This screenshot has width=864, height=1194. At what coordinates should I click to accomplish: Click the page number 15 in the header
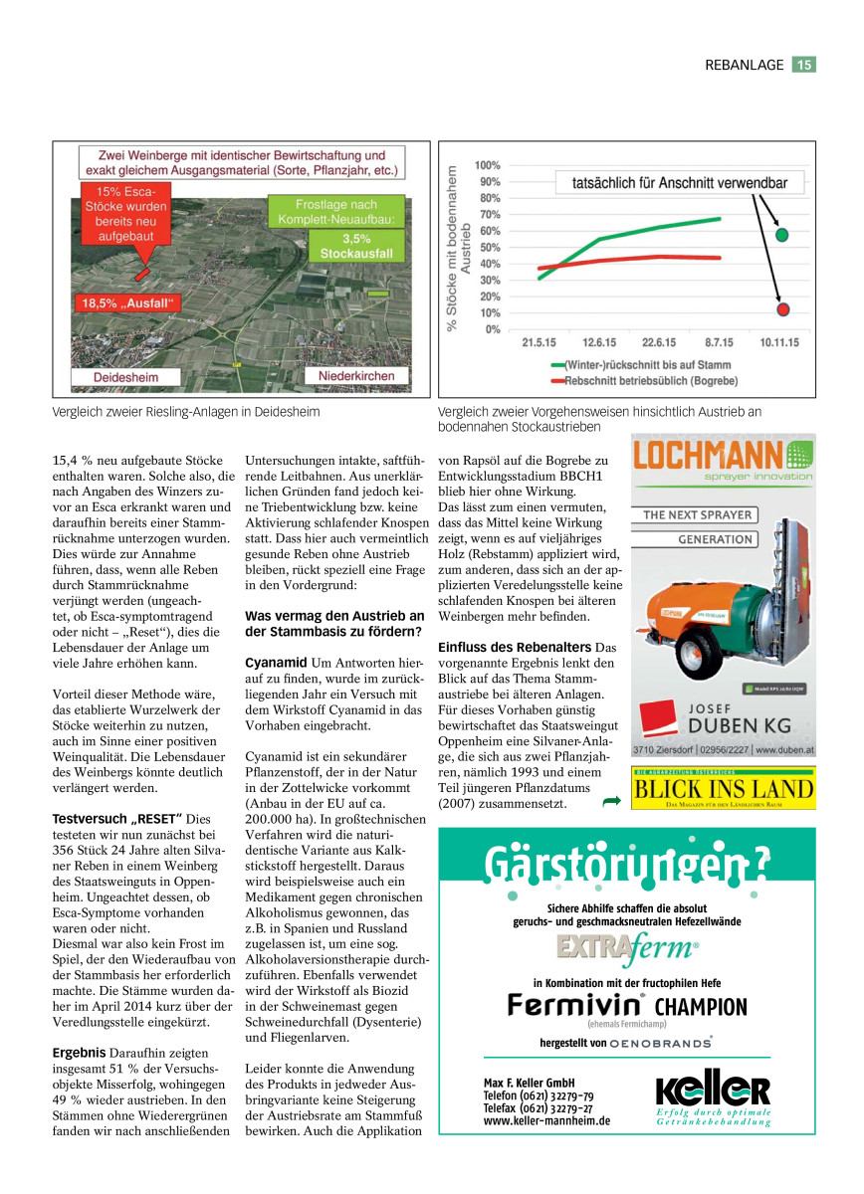click(x=804, y=65)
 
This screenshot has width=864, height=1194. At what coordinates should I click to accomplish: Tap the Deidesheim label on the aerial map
click(x=126, y=378)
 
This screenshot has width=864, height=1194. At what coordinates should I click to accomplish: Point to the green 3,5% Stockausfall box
click(x=356, y=246)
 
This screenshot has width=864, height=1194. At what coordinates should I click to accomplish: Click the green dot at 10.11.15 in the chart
click(x=782, y=234)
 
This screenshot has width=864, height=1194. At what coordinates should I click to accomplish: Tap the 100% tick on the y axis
click(x=487, y=165)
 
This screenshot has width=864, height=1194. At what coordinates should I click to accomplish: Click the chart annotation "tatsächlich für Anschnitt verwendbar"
click(x=680, y=184)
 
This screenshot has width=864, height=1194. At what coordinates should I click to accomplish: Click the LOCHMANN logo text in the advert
click(x=708, y=458)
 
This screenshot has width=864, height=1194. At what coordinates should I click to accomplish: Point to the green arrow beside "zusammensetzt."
click(x=611, y=800)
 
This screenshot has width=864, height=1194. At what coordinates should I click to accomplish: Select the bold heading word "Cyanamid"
click(x=276, y=662)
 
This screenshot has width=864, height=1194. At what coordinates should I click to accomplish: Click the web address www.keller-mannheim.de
click(x=546, y=1120)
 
